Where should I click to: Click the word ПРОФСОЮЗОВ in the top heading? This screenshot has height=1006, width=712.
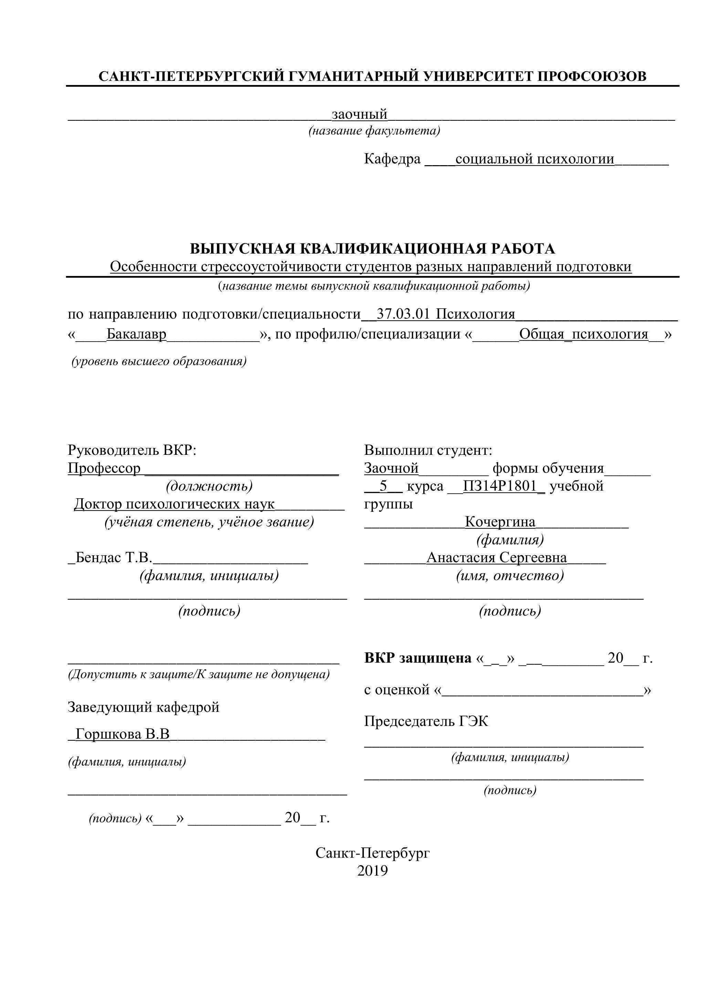pos(591,77)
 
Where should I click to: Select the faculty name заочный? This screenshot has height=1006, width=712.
pos(359,114)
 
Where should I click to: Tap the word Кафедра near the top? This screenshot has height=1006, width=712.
pos(392,159)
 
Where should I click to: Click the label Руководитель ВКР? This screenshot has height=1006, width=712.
pos(132,450)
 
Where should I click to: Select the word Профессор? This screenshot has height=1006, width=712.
pos(104,468)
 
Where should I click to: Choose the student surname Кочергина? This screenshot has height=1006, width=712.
pos(500,522)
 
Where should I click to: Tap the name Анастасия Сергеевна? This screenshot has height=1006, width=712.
pos(496,558)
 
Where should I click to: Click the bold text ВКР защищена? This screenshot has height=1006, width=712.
pos(417,658)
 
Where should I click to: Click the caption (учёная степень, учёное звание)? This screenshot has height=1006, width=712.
pos(209,522)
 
